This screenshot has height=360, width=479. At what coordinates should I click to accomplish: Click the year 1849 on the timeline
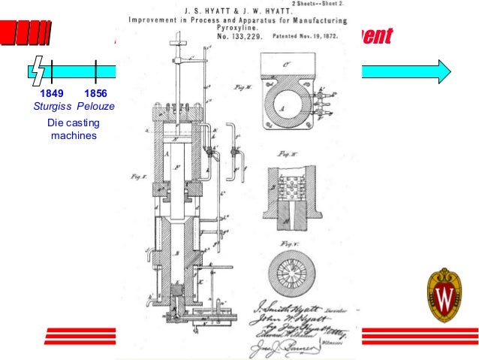[52, 94]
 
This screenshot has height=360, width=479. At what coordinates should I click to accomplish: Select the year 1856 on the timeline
[95, 94]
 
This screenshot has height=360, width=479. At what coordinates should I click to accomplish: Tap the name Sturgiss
[52, 107]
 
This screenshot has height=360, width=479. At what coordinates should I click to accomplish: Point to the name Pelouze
[95, 107]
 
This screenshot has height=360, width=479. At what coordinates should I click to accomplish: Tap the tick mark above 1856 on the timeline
[95, 72]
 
